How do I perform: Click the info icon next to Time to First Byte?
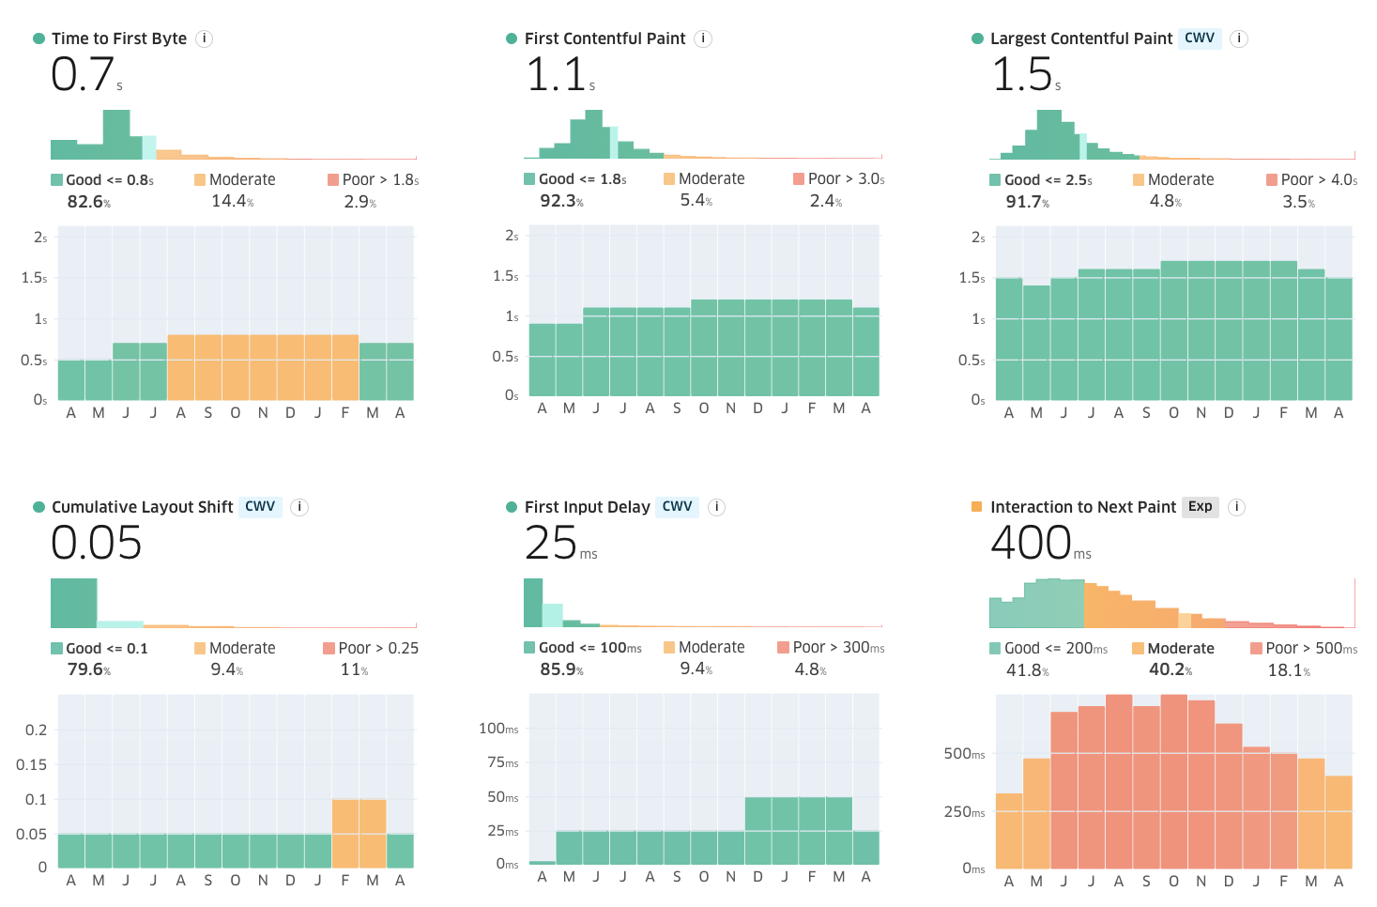point(205,38)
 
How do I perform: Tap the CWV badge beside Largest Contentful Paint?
point(1200,38)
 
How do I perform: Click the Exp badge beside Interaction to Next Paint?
point(1200,507)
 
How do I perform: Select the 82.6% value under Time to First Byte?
point(88,202)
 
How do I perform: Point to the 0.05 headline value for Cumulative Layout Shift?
point(96,543)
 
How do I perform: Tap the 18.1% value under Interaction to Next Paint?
point(1289,670)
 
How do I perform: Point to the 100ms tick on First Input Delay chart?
point(498,729)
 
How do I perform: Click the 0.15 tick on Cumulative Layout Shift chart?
point(32,765)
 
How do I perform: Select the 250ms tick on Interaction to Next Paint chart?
point(965,812)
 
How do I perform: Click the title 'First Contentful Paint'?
point(604,38)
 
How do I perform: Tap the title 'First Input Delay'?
point(587,507)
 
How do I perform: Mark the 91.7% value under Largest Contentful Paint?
point(1028,202)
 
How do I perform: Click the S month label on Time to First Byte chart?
point(207,413)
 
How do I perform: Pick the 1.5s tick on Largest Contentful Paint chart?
point(972,278)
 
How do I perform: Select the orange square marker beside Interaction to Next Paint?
point(976,507)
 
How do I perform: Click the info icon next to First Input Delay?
point(716,507)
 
